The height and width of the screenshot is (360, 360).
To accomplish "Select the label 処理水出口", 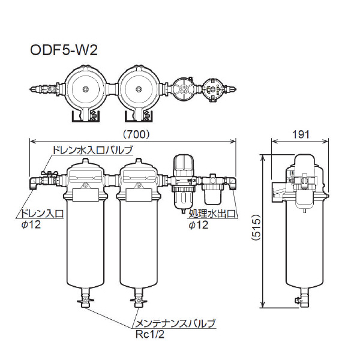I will tap(211, 213).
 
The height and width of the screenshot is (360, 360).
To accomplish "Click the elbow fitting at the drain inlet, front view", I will tap(34, 181).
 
